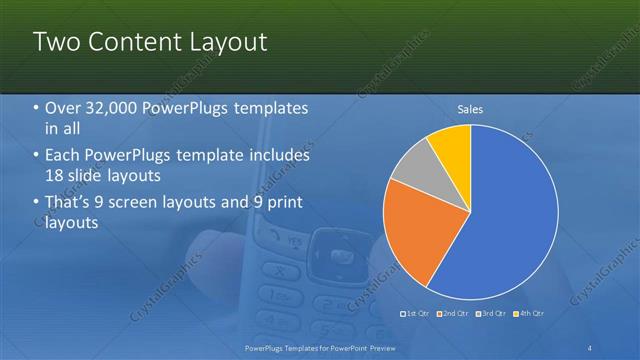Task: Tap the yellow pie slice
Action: [x=452, y=144]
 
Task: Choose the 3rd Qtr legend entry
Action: [x=491, y=314]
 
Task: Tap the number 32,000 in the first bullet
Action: [x=108, y=108]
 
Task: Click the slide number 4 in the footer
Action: [x=590, y=347]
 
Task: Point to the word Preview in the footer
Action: [x=379, y=347]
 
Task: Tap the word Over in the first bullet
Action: [x=63, y=108]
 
